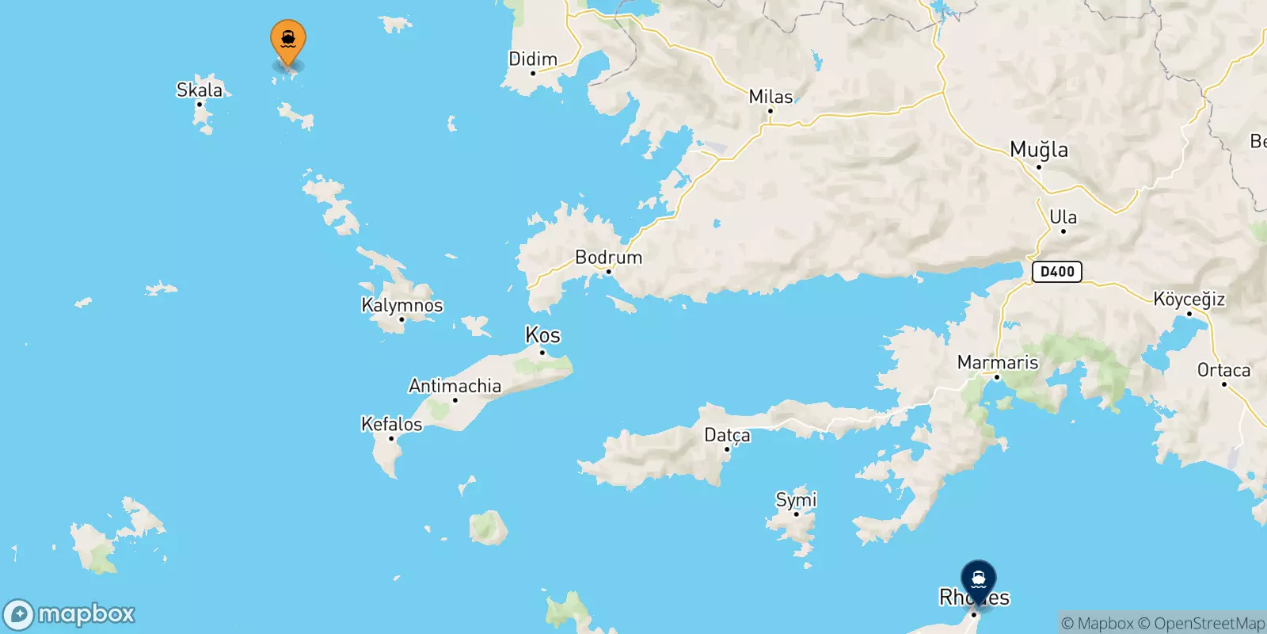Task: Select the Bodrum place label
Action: coord(608,258)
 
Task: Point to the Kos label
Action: coord(543,335)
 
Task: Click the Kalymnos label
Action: coord(402,305)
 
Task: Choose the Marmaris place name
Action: coord(998,362)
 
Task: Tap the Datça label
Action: coord(727,435)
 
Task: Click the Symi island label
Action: coord(796,500)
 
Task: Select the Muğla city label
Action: coord(1039,150)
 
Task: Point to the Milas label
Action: coord(770,97)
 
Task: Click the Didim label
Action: coord(533,59)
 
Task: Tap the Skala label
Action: coord(200,90)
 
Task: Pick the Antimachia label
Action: coord(455,386)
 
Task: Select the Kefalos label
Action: coord(391,424)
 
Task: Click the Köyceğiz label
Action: coord(1189,300)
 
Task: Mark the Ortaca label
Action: coord(1223,370)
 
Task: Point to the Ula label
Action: coord(1063,217)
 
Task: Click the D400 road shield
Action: coord(1057,272)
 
